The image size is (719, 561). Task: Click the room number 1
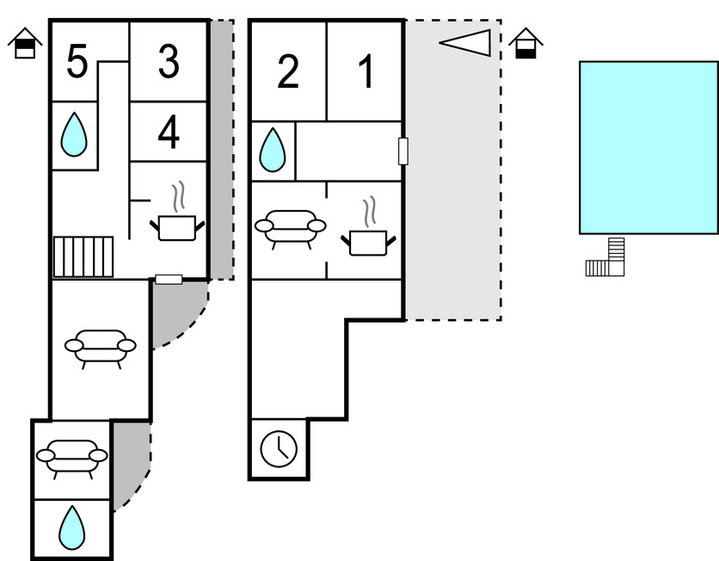click(x=366, y=72)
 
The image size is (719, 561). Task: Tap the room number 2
click(x=288, y=72)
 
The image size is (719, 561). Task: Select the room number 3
click(x=169, y=61)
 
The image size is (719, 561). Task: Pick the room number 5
click(x=77, y=62)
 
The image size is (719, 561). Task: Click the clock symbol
click(x=279, y=448)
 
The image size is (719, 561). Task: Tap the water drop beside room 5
click(x=74, y=135)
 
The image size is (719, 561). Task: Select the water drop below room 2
click(x=273, y=150)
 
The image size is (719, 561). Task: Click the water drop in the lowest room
click(x=71, y=527)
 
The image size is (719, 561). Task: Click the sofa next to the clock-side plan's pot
click(x=289, y=228)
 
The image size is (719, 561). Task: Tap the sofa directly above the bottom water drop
click(x=71, y=457)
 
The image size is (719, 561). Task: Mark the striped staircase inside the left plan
click(x=83, y=256)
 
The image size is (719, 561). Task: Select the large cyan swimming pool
click(x=648, y=147)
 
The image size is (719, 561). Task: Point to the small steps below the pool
click(x=606, y=260)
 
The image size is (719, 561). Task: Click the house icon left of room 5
click(x=27, y=42)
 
